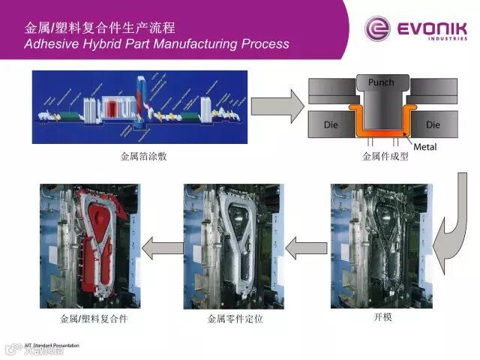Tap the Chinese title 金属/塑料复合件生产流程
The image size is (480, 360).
click(x=100, y=28)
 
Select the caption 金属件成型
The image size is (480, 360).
click(x=385, y=157)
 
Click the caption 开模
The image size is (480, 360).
click(x=382, y=317)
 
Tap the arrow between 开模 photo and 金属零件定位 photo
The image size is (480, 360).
click(x=301, y=246)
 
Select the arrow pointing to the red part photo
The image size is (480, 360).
click(x=160, y=246)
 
